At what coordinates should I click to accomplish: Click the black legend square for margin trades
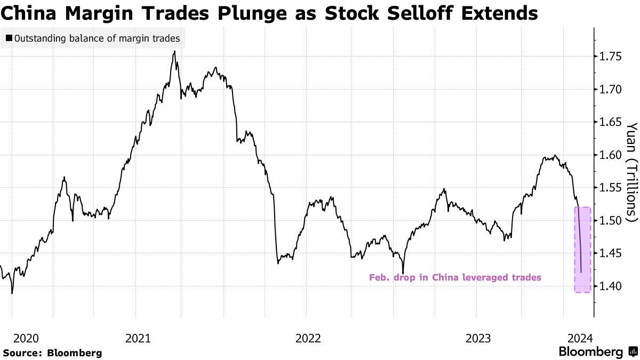(9, 38)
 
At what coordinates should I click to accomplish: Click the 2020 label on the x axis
(26, 338)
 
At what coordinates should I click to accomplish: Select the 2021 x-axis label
(139, 338)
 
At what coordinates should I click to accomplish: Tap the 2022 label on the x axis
(308, 338)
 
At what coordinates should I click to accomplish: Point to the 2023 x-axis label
(478, 338)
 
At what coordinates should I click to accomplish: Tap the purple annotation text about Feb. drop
(455, 277)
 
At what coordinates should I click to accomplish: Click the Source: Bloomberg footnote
(52, 353)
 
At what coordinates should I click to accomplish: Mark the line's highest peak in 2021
(175, 52)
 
